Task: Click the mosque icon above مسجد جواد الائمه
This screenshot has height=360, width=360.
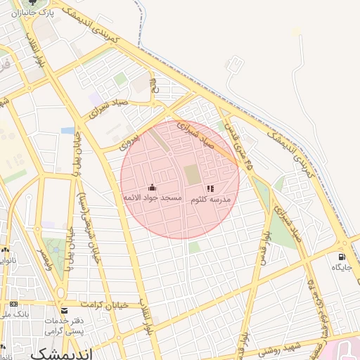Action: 153,187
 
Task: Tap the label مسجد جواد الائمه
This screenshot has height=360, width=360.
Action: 153,199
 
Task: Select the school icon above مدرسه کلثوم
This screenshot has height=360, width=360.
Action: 210,188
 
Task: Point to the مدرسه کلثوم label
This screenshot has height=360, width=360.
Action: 211,200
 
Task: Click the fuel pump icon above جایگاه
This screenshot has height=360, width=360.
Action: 342,257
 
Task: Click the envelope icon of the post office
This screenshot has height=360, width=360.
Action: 65,310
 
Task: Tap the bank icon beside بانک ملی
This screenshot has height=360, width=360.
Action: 14,304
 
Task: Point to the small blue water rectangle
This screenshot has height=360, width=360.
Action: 67,130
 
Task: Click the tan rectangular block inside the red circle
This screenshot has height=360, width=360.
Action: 192,174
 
